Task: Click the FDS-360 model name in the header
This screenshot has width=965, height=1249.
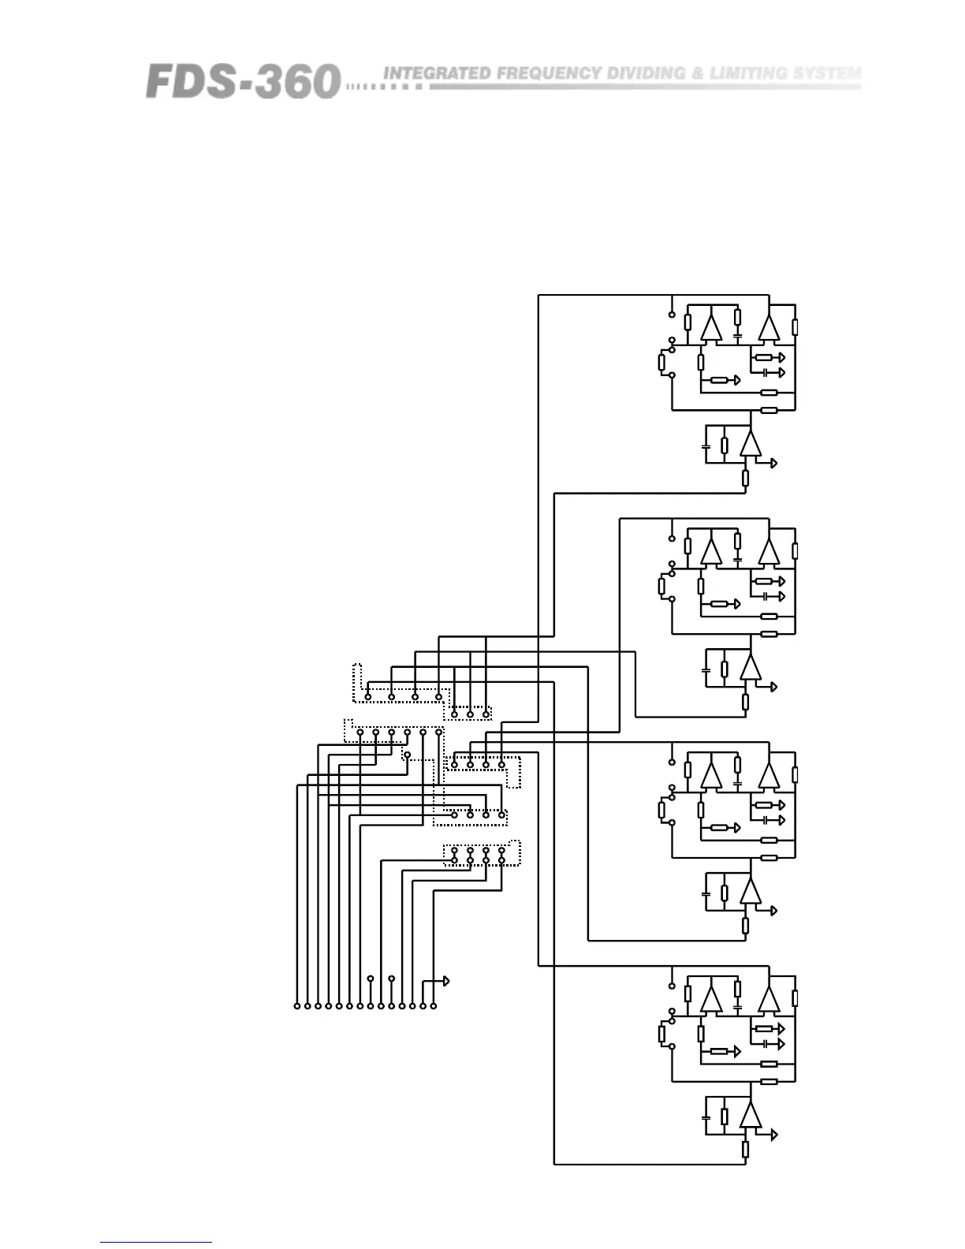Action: point(243,81)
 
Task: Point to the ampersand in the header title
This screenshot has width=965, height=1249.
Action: point(697,73)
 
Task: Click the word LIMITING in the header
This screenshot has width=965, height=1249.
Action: point(748,73)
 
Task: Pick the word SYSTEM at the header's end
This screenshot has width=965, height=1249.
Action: point(827,73)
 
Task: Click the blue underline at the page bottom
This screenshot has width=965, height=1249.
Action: point(156,1243)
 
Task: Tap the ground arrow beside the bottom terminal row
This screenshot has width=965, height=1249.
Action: point(446,981)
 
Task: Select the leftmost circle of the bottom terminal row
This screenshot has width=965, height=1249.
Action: point(297,1006)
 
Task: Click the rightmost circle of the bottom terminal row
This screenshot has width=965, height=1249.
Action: point(433,1006)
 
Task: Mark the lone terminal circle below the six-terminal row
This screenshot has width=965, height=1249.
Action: point(407,755)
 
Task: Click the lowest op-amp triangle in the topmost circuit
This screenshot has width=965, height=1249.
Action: point(751,445)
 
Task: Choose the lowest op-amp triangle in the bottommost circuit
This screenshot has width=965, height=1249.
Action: point(751,1116)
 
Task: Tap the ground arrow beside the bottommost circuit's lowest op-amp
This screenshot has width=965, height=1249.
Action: point(774,1135)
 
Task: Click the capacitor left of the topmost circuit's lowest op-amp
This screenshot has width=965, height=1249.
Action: point(706,447)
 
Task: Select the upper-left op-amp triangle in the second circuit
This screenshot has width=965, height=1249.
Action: point(711,551)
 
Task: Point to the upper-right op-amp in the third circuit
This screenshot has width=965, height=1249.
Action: point(769,776)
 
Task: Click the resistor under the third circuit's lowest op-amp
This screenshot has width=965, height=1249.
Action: point(745,925)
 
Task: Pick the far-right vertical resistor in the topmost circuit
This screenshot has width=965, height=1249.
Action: point(795,326)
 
